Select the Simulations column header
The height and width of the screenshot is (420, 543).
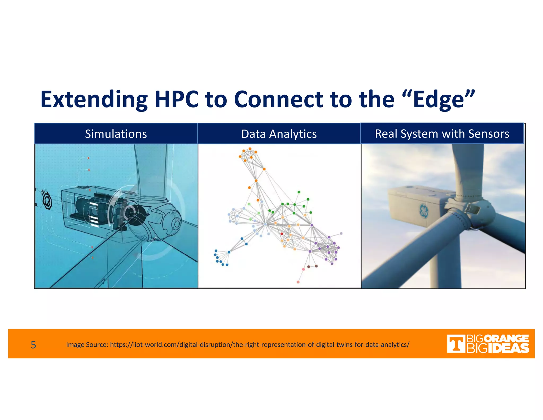116,134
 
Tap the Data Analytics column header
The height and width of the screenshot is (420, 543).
279,134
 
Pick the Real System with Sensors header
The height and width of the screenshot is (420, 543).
442,134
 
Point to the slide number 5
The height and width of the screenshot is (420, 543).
33,345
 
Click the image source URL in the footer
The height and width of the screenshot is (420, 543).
260,345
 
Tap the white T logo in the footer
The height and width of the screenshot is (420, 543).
456,344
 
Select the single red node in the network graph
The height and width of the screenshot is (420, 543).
282,234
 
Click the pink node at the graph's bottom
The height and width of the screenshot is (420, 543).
298,282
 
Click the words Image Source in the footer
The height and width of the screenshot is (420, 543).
87,345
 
